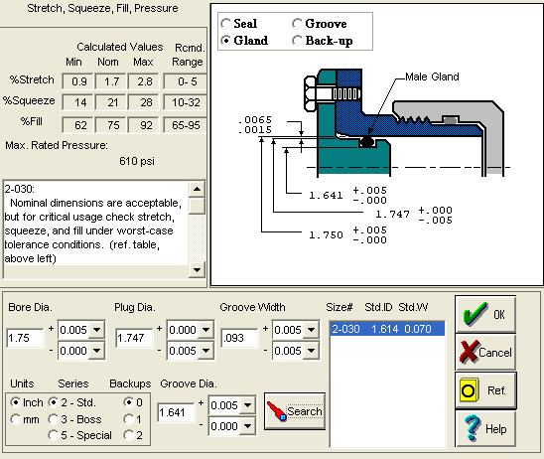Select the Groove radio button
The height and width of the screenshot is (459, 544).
[x=297, y=24]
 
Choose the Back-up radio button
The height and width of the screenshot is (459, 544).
[x=297, y=41]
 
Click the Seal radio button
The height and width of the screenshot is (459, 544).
[x=226, y=24]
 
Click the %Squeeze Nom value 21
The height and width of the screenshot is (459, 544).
[x=112, y=102]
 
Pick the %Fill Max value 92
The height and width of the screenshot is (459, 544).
[x=145, y=125]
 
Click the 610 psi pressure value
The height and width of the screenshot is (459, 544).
[x=137, y=161]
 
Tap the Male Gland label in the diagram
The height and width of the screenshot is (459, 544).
[x=432, y=76]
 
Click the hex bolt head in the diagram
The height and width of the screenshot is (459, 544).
[x=310, y=93]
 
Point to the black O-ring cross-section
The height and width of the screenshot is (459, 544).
[x=367, y=142]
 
